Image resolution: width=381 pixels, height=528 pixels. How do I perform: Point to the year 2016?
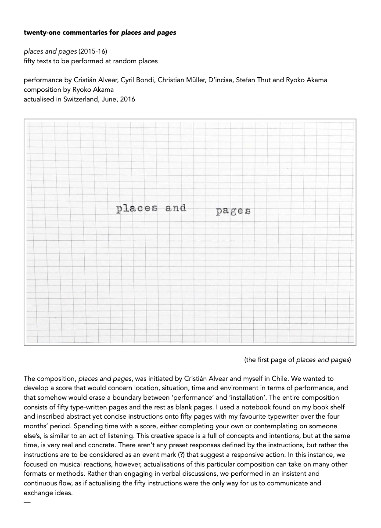click(127, 99)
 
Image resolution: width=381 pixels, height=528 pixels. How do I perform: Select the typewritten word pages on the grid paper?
click(233, 211)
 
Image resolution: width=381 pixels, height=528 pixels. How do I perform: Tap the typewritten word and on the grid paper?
click(176, 208)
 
